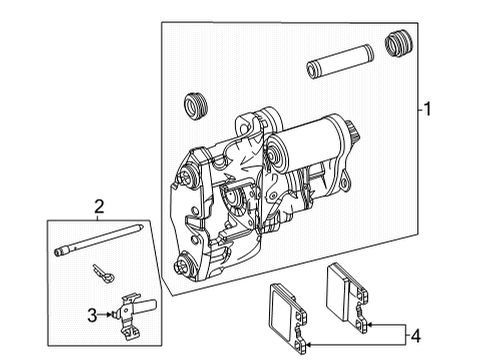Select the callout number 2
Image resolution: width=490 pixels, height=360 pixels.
coord(100,207)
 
